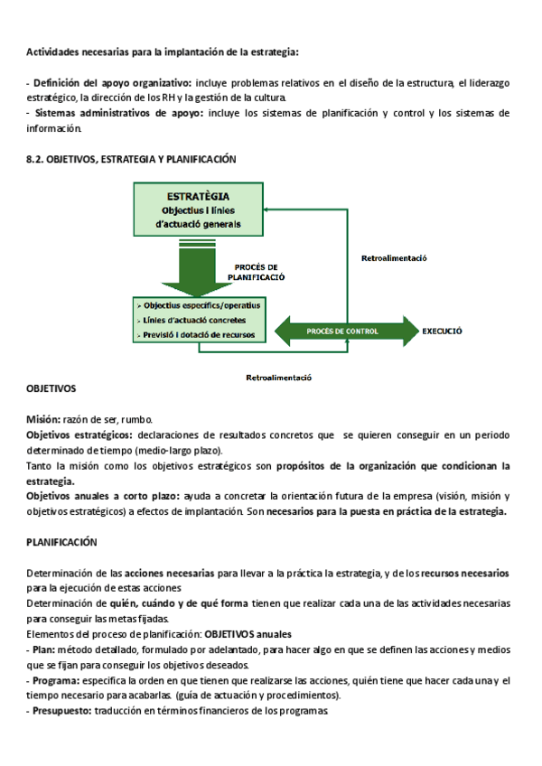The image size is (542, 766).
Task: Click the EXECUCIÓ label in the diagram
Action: pos(442,332)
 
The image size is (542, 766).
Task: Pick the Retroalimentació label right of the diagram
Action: pos(393,258)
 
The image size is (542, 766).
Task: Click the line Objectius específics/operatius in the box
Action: pos(200,306)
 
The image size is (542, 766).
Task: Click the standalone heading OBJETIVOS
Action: pos(51,388)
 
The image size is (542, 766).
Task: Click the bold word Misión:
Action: pos(43,420)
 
